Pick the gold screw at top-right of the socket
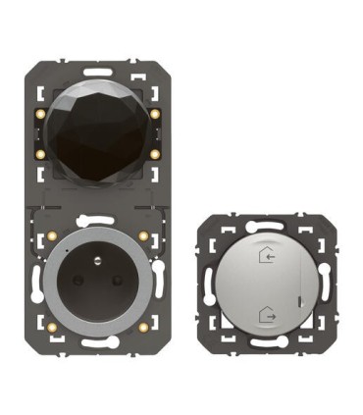coord(143,236)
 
